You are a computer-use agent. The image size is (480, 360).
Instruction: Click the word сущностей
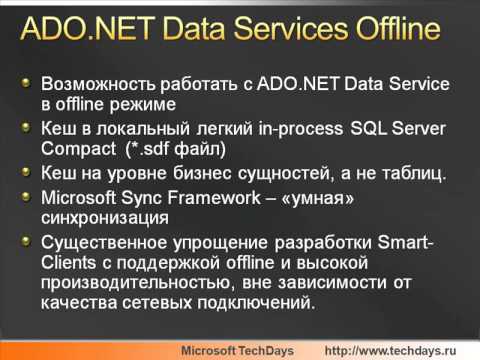264,173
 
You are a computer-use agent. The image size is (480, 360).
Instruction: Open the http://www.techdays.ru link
397,350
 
